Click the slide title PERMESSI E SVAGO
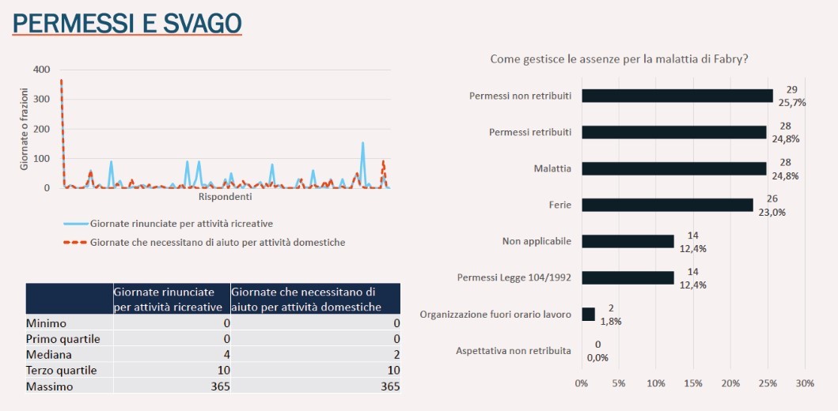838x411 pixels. coord(127,23)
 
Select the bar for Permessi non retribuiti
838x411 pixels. coord(677,96)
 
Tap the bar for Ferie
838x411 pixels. coord(667,205)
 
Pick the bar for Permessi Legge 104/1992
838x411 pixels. coord(628,277)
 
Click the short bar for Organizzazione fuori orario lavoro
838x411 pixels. coord(588,314)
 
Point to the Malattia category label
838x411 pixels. coord(552,168)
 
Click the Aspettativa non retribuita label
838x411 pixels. coord(514,350)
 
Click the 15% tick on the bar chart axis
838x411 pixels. coord(693,383)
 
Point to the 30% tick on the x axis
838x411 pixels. coord(804,383)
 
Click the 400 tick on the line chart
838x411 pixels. coord(41,70)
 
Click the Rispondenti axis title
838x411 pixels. coord(225,197)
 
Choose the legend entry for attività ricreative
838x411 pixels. coord(181,224)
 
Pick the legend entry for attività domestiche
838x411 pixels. coord(218,243)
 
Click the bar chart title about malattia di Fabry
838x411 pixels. coord(619,58)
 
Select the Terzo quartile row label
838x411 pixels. coord(61,370)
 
